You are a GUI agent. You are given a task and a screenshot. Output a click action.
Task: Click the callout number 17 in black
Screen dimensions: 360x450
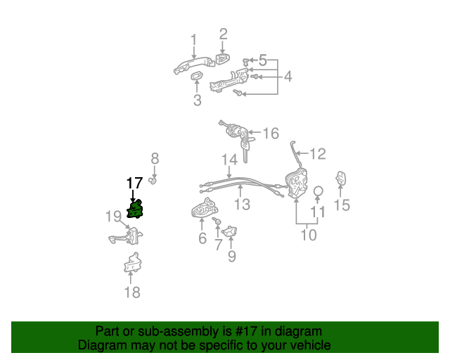pyautogui.click(x=134, y=184)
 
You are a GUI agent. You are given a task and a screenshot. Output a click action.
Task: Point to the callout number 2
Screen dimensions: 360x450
pyautogui.click(x=223, y=33)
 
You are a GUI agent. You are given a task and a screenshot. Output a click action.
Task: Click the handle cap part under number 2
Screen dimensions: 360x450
pyautogui.click(x=221, y=60)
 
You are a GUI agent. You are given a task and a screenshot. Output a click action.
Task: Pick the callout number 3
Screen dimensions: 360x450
pyautogui.click(x=197, y=101)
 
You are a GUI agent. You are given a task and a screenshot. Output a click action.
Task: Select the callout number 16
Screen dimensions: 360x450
pyautogui.click(x=271, y=133)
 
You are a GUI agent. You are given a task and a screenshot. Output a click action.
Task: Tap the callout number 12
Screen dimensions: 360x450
pyautogui.click(x=318, y=153)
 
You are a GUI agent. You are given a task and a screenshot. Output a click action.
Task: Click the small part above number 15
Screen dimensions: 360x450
pyautogui.click(x=341, y=179)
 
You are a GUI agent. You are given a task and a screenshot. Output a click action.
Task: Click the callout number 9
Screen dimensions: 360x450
pyautogui.click(x=231, y=256)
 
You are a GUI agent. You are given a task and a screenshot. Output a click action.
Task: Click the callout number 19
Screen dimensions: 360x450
pyautogui.click(x=114, y=216)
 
